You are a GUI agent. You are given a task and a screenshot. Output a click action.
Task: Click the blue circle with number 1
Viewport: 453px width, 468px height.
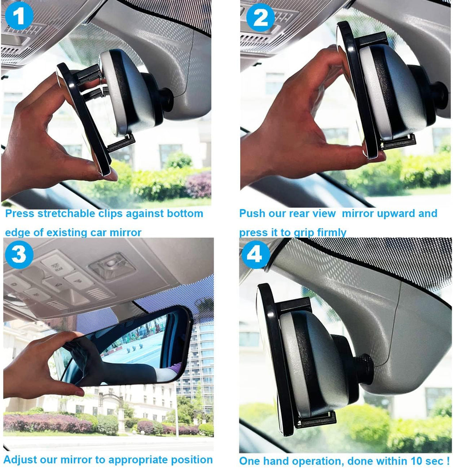coord(18,16)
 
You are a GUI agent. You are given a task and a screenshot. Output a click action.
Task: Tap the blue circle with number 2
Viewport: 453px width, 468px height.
coord(261,18)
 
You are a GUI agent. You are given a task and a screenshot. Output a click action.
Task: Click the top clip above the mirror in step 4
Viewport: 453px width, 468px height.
coord(294,305)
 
